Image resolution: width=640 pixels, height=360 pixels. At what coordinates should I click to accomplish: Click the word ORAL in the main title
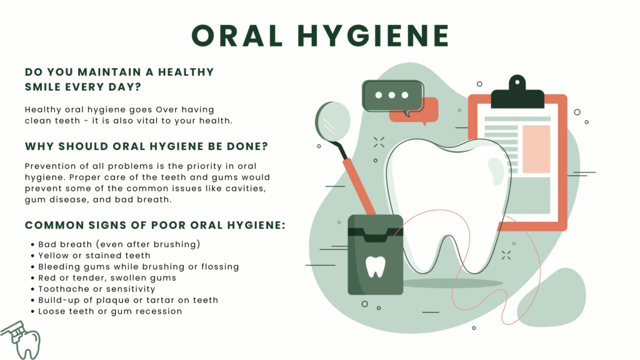tap(237, 35)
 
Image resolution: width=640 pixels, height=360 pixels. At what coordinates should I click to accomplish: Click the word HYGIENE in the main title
tap(373, 35)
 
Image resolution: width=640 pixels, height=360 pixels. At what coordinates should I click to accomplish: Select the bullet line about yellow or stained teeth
tap(94, 256)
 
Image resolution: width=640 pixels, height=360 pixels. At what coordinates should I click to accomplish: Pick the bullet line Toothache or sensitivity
tap(97, 289)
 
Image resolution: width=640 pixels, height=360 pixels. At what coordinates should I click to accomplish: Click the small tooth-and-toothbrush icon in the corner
tap(21, 339)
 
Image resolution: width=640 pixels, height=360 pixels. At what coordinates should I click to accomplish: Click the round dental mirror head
tap(333, 121)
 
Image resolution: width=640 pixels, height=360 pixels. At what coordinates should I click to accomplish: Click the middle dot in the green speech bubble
tap(392, 95)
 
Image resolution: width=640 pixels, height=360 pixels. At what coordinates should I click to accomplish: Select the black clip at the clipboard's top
tap(517, 93)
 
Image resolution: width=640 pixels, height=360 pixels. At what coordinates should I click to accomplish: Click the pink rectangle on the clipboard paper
tap(536, 149)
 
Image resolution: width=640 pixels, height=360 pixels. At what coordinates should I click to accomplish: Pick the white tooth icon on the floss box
tap(376, 266)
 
